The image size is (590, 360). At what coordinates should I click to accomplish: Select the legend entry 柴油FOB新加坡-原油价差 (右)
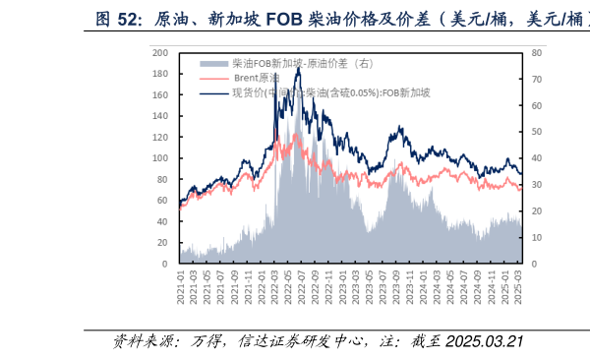[285, 63]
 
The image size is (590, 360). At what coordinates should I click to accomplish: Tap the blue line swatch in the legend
[215, 92]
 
